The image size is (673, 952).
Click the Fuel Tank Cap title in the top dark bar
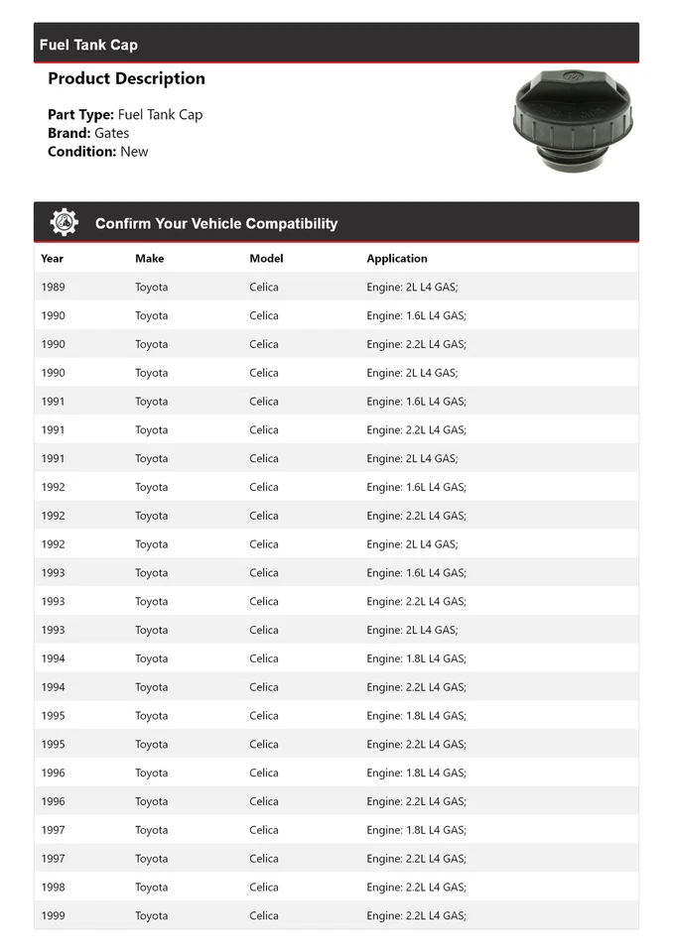[88, 45]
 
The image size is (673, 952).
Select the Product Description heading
[126, 78]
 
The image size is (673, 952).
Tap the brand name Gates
[111, 133]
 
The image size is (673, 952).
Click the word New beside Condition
[134, 152]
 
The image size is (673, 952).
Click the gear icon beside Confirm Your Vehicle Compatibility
[65, 222]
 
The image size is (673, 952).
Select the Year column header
[52, 259]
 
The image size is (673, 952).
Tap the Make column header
[150, 259]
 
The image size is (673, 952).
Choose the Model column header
[266, 259]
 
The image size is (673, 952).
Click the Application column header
[397, 259]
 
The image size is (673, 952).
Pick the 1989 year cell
[54, 288]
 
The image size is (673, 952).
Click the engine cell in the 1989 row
[412, 288]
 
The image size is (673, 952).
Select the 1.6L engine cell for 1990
[416, 316]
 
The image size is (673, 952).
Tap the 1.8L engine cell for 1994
[416, 658]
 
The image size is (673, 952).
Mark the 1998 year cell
[54, 888]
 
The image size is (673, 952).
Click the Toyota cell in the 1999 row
[152, 916]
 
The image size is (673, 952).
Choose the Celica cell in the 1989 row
[264, 288]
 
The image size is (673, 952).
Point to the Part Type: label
[80, 115]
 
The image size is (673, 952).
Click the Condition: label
[81, 152]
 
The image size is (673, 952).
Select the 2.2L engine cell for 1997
[416, 859]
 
